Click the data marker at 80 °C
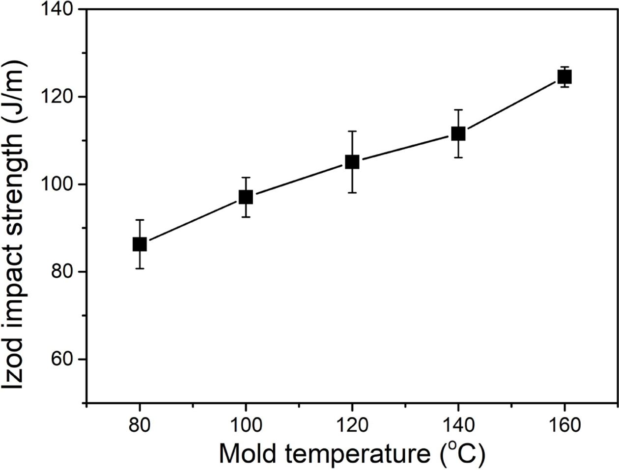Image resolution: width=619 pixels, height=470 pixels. [x=140, y=244]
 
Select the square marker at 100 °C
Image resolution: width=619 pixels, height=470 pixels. [x=246, y=197]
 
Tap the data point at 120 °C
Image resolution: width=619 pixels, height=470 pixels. [x=352, y=162]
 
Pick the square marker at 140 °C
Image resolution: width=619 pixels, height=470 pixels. [x=458, y=133]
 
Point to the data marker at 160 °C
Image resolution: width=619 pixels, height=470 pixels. [x=564, y=77]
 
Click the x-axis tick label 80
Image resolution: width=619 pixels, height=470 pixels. [x=140, y=425]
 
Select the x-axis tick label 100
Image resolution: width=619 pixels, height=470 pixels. [x=246, y=425]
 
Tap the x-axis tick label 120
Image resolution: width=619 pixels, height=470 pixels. [x=352, y=425]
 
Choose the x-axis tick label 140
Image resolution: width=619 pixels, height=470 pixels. [x=458, y=425]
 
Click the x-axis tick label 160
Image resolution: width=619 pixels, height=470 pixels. [x=564, y=425]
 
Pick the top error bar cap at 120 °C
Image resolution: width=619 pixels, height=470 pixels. [x=352, y=131]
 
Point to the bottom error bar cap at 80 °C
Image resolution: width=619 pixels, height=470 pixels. [x=140, y=268]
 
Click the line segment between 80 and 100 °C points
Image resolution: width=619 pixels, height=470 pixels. [x=193, y=220]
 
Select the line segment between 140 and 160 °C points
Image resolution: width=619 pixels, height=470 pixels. [x=511, y=105]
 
